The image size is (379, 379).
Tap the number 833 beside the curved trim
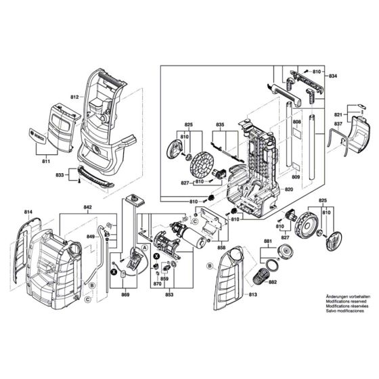point(60,175)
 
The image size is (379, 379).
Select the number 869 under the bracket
point(125,296)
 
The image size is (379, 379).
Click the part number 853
point(169,296)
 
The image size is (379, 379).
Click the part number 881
point(268,242)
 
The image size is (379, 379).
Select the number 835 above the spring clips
point(220,125)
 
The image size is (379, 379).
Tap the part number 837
point(338,125)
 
